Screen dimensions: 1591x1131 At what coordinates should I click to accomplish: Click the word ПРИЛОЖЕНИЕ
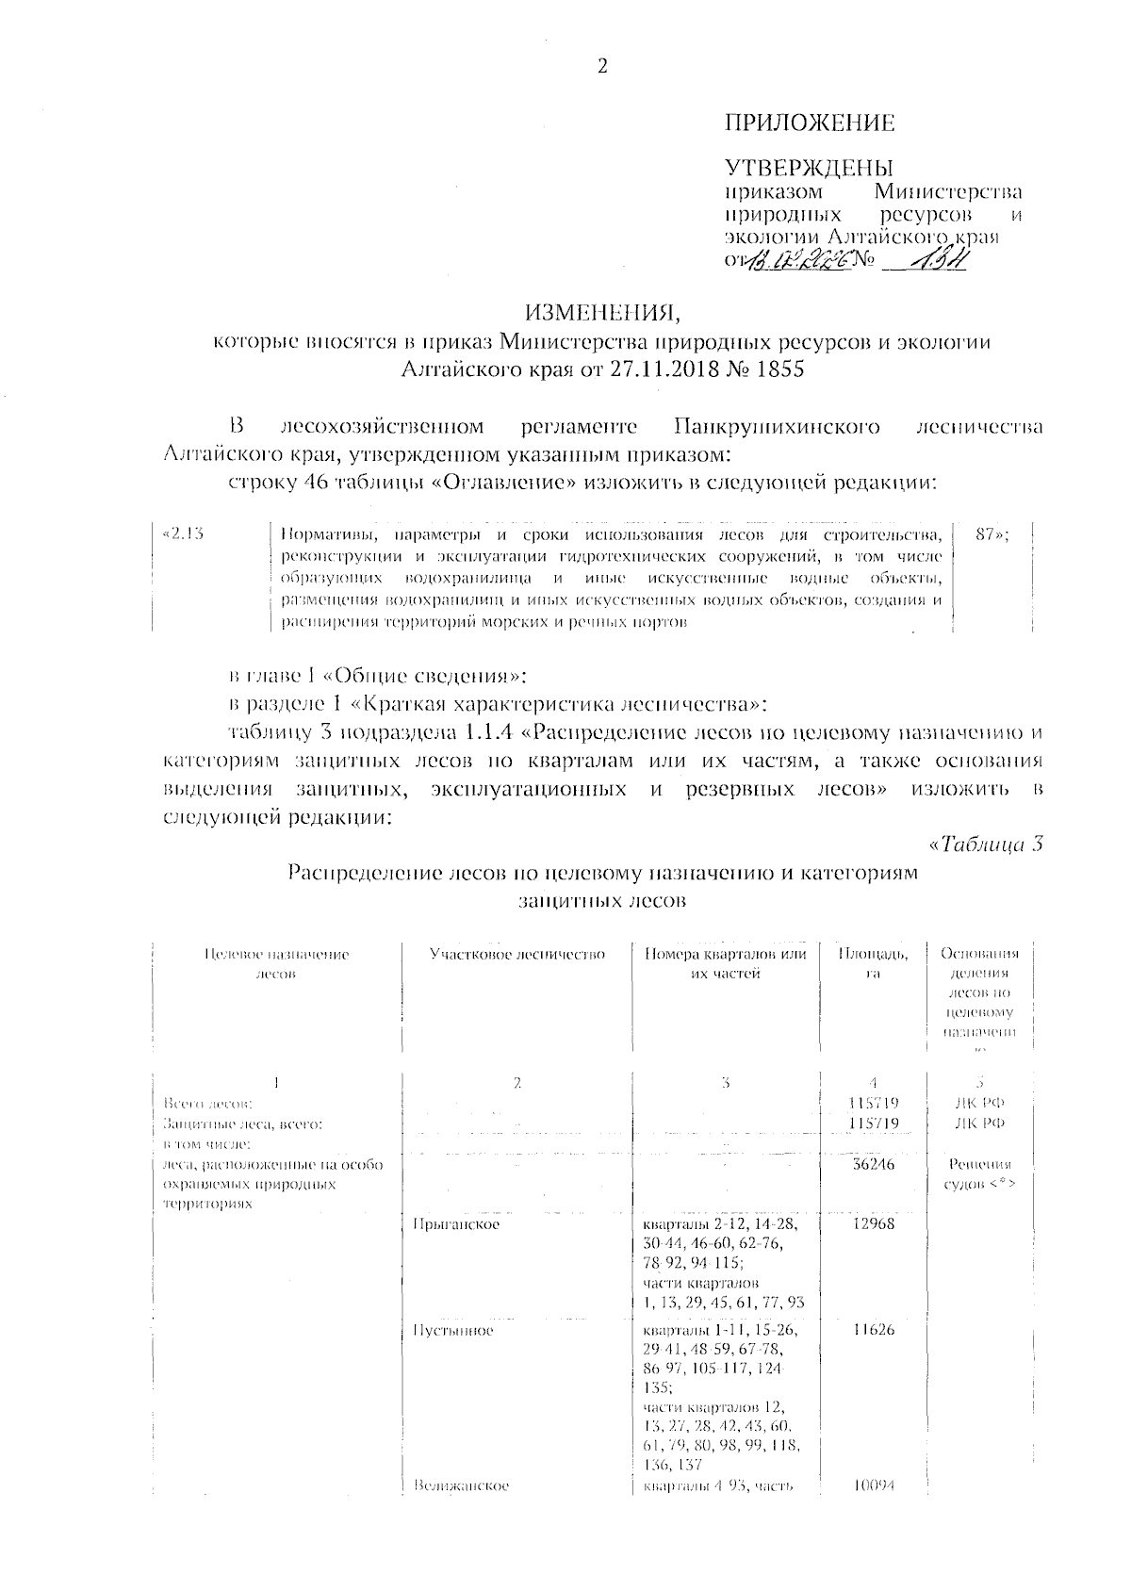pos(809,123)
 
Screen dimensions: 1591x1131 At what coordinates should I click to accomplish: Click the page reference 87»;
pos(992,534)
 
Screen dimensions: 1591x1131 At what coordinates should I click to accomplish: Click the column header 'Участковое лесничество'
pos(516,954)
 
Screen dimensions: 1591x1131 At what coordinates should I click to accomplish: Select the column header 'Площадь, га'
pos(874,963)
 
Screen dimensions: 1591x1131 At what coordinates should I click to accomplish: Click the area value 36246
pos(872,1164)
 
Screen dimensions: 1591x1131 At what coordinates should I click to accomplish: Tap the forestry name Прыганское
pos(456,1223)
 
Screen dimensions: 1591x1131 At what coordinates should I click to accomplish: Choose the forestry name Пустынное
pos(453,1331)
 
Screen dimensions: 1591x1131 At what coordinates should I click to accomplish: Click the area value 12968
pos(872,1223)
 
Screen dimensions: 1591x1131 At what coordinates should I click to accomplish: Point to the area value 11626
pos(872,1331)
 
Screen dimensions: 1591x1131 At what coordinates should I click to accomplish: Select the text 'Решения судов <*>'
pos(979,1173)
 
